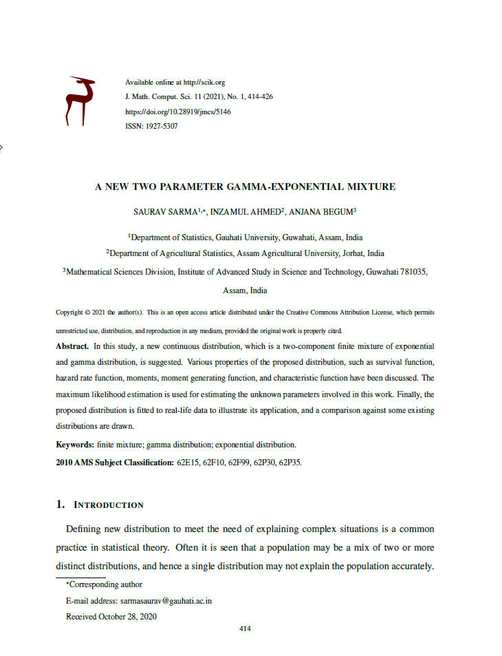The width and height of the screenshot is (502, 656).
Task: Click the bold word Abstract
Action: [x=72, y=346]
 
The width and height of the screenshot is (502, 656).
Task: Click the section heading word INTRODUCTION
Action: [x=109, y=505]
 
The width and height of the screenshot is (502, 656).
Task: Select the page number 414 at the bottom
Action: [x=245, y=629]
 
